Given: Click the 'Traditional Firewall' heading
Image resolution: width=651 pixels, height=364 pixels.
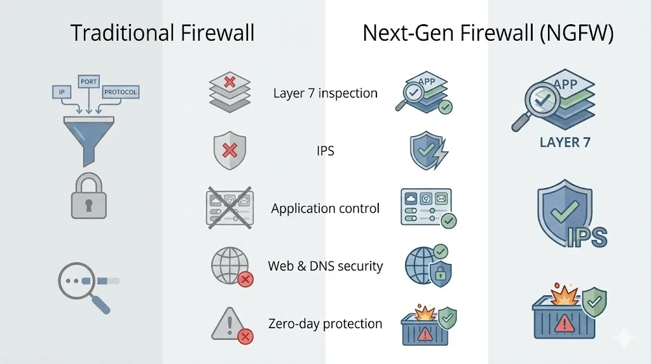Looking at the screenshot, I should [x=162, y=33].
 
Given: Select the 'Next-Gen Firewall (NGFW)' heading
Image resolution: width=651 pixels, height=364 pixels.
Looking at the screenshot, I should [x=488, y=33].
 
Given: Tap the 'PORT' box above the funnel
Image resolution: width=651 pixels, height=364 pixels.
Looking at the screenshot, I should [x=88, y=81].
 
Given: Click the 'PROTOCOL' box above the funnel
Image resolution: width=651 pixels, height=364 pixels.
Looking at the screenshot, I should [x=120, y=92].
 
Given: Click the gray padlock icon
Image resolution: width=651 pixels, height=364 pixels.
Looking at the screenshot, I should [x=88, y=197].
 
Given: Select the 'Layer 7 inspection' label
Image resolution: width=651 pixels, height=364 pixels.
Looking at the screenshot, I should [x=325, y=94].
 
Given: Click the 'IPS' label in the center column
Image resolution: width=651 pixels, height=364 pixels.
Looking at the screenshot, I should [x=325, y=151].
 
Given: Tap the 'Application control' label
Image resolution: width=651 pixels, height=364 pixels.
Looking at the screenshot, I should [x=325, y=209].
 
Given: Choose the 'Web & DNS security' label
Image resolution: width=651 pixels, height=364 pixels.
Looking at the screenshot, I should [x=325, y=266].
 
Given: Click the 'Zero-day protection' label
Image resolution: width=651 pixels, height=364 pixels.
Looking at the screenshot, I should [x=325, y=323].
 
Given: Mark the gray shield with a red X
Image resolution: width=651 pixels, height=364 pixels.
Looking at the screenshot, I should [x=230, y=151].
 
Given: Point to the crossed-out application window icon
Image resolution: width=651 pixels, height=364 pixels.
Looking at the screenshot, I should [x=230, y=207].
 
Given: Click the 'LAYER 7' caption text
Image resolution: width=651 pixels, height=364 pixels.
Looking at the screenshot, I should [x=565, y=143].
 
